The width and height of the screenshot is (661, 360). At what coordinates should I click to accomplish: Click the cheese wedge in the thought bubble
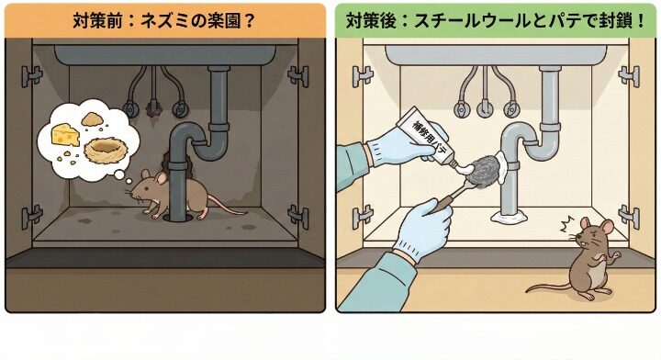tap(62, 135)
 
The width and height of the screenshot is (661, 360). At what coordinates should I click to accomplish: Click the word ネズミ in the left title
tap(171, 18)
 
